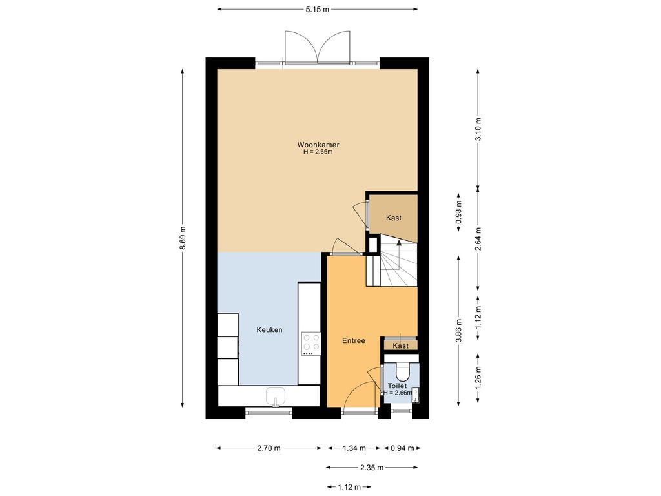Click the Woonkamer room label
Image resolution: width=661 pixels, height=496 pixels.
click(318, 145)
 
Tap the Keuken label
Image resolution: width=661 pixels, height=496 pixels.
click(269, 330)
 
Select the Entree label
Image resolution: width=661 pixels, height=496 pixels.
click(353, 341)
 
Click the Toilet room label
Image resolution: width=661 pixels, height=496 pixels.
click(397, 386)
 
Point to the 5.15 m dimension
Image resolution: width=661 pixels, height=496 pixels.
click(318, 9)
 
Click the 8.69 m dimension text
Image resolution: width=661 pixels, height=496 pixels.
click(183, 238)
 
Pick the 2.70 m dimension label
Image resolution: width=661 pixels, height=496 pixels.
click(269, 448)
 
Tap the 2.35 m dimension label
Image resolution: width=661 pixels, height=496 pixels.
click(372, 468)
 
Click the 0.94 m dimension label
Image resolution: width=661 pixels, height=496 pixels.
click(402, 448)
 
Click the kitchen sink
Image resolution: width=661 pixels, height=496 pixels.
click(276, 397)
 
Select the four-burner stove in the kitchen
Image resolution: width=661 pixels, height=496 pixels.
click(311, 344)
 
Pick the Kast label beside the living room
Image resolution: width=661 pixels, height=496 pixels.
click(394, 218)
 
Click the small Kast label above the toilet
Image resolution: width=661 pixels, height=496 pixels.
click(400, 346)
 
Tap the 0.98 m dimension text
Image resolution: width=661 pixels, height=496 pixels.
click(459, 212)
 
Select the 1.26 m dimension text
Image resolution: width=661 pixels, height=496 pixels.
click(478, 378)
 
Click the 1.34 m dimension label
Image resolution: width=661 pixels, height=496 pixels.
click(354, 448)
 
